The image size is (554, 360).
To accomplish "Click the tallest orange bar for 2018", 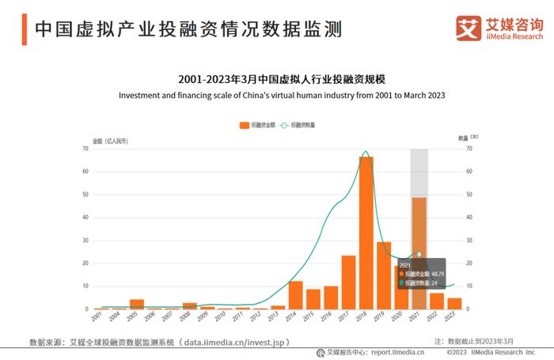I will (x=366, y=233).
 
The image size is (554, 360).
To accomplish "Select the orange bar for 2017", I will (x=348, y=282).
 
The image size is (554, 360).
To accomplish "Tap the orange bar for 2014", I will (x=295, y=294).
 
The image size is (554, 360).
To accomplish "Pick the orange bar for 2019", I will (x=384, y=275).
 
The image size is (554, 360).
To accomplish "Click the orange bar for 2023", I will (x=454, y=303).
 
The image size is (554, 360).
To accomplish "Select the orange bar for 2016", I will (x=331, y=297).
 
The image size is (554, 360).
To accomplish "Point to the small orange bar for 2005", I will (x=137, y=304).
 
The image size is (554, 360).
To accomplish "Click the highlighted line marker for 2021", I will (x=419, y=254).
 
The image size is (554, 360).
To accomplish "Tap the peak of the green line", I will (x=365, y=152).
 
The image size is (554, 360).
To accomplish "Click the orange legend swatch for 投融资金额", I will (x=244, y=125).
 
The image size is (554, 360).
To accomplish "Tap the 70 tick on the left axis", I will (x=84, y=149).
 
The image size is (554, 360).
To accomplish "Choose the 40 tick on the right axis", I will (x=469, y=217).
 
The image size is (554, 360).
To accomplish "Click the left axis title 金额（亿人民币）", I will (x=111, y=140).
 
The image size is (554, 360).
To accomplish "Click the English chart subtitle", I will (x=282, y=95).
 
